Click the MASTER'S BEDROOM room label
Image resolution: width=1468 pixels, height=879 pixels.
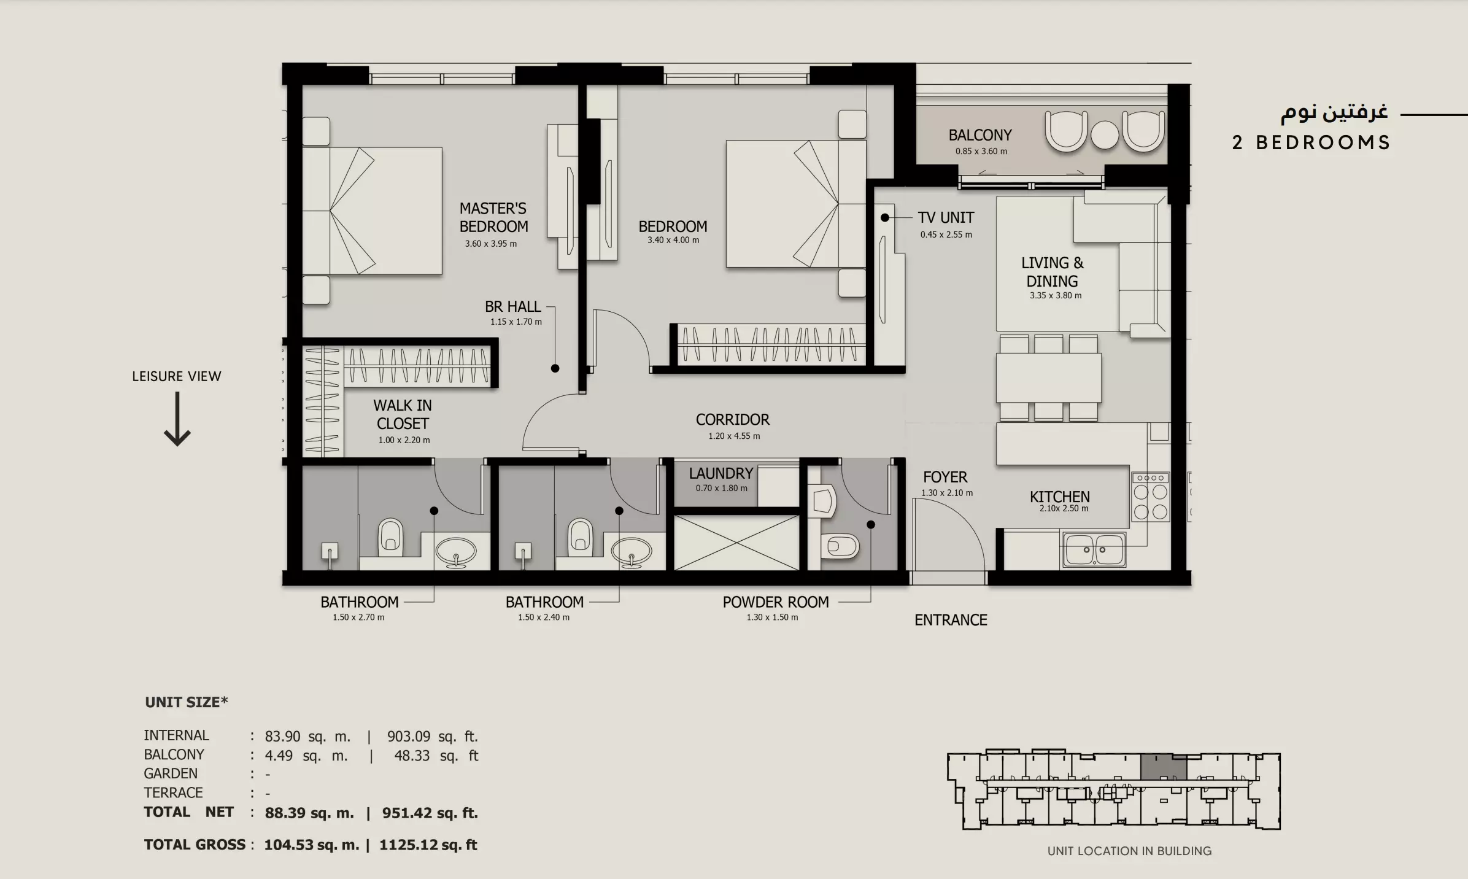(493, 217)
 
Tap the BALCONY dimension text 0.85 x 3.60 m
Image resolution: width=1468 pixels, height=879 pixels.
(981, 151)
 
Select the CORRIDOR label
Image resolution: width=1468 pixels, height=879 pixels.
(732, 419)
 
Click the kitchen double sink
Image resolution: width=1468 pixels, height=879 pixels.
(1094, 549)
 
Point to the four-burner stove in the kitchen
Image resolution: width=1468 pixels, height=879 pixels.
(1150, 497)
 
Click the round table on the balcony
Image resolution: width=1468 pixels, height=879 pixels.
(1105, 134)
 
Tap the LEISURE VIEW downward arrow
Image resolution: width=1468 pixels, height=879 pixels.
(177, 419)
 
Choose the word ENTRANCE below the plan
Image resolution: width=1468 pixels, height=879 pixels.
(951, 620)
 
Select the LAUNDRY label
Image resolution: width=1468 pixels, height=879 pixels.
(720, 473)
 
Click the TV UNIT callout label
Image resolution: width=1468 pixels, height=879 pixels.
(946, 217)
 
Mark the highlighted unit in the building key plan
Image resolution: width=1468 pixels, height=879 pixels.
(1164, 768)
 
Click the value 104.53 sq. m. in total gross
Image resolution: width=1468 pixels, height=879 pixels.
(311, 845)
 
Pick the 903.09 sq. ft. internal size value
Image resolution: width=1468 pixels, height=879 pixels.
(432, 736)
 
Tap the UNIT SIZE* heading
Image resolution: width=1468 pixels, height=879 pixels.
(186, 702)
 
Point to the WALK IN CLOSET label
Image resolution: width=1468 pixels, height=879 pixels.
(403, 414)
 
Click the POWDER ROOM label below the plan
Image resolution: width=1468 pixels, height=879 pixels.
(776, 602)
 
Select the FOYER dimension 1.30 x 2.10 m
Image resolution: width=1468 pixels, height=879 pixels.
(947, 493)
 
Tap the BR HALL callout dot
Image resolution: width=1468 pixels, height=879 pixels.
(555, 369)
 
